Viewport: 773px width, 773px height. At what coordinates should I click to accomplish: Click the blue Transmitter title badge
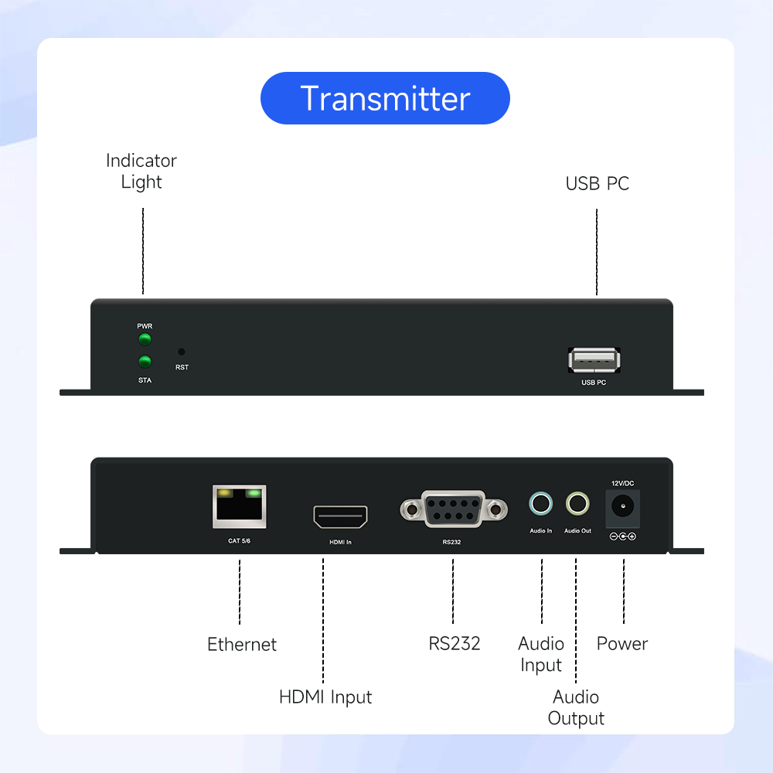385,98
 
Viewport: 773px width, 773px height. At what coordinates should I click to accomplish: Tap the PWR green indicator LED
145,339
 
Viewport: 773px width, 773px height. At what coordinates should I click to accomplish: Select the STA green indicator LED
145,361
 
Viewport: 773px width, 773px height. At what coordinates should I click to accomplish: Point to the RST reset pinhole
182,351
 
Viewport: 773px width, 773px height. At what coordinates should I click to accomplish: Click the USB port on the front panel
594,360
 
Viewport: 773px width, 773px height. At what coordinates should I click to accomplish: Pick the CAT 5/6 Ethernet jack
239,506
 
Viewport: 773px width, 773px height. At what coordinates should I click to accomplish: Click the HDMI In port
340,517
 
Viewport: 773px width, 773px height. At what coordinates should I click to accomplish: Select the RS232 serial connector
454,509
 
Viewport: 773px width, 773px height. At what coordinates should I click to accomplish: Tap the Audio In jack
541,505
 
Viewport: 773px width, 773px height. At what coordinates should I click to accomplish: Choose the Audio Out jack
577,505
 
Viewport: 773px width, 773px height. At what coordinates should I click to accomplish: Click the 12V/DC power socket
622,507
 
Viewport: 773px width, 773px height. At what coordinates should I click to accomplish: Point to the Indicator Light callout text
141,171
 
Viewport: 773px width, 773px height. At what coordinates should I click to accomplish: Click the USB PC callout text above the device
598,184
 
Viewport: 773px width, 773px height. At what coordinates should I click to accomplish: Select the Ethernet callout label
242,644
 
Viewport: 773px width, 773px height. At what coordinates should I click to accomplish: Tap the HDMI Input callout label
325,696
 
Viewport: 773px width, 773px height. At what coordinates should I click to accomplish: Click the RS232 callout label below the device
455,643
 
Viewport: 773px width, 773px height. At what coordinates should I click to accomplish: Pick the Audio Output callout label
576,707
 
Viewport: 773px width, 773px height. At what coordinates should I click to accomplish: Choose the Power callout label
622,643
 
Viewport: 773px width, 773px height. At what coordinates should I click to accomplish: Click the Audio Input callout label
541,654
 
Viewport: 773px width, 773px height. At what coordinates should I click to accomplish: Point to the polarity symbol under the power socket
622,536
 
